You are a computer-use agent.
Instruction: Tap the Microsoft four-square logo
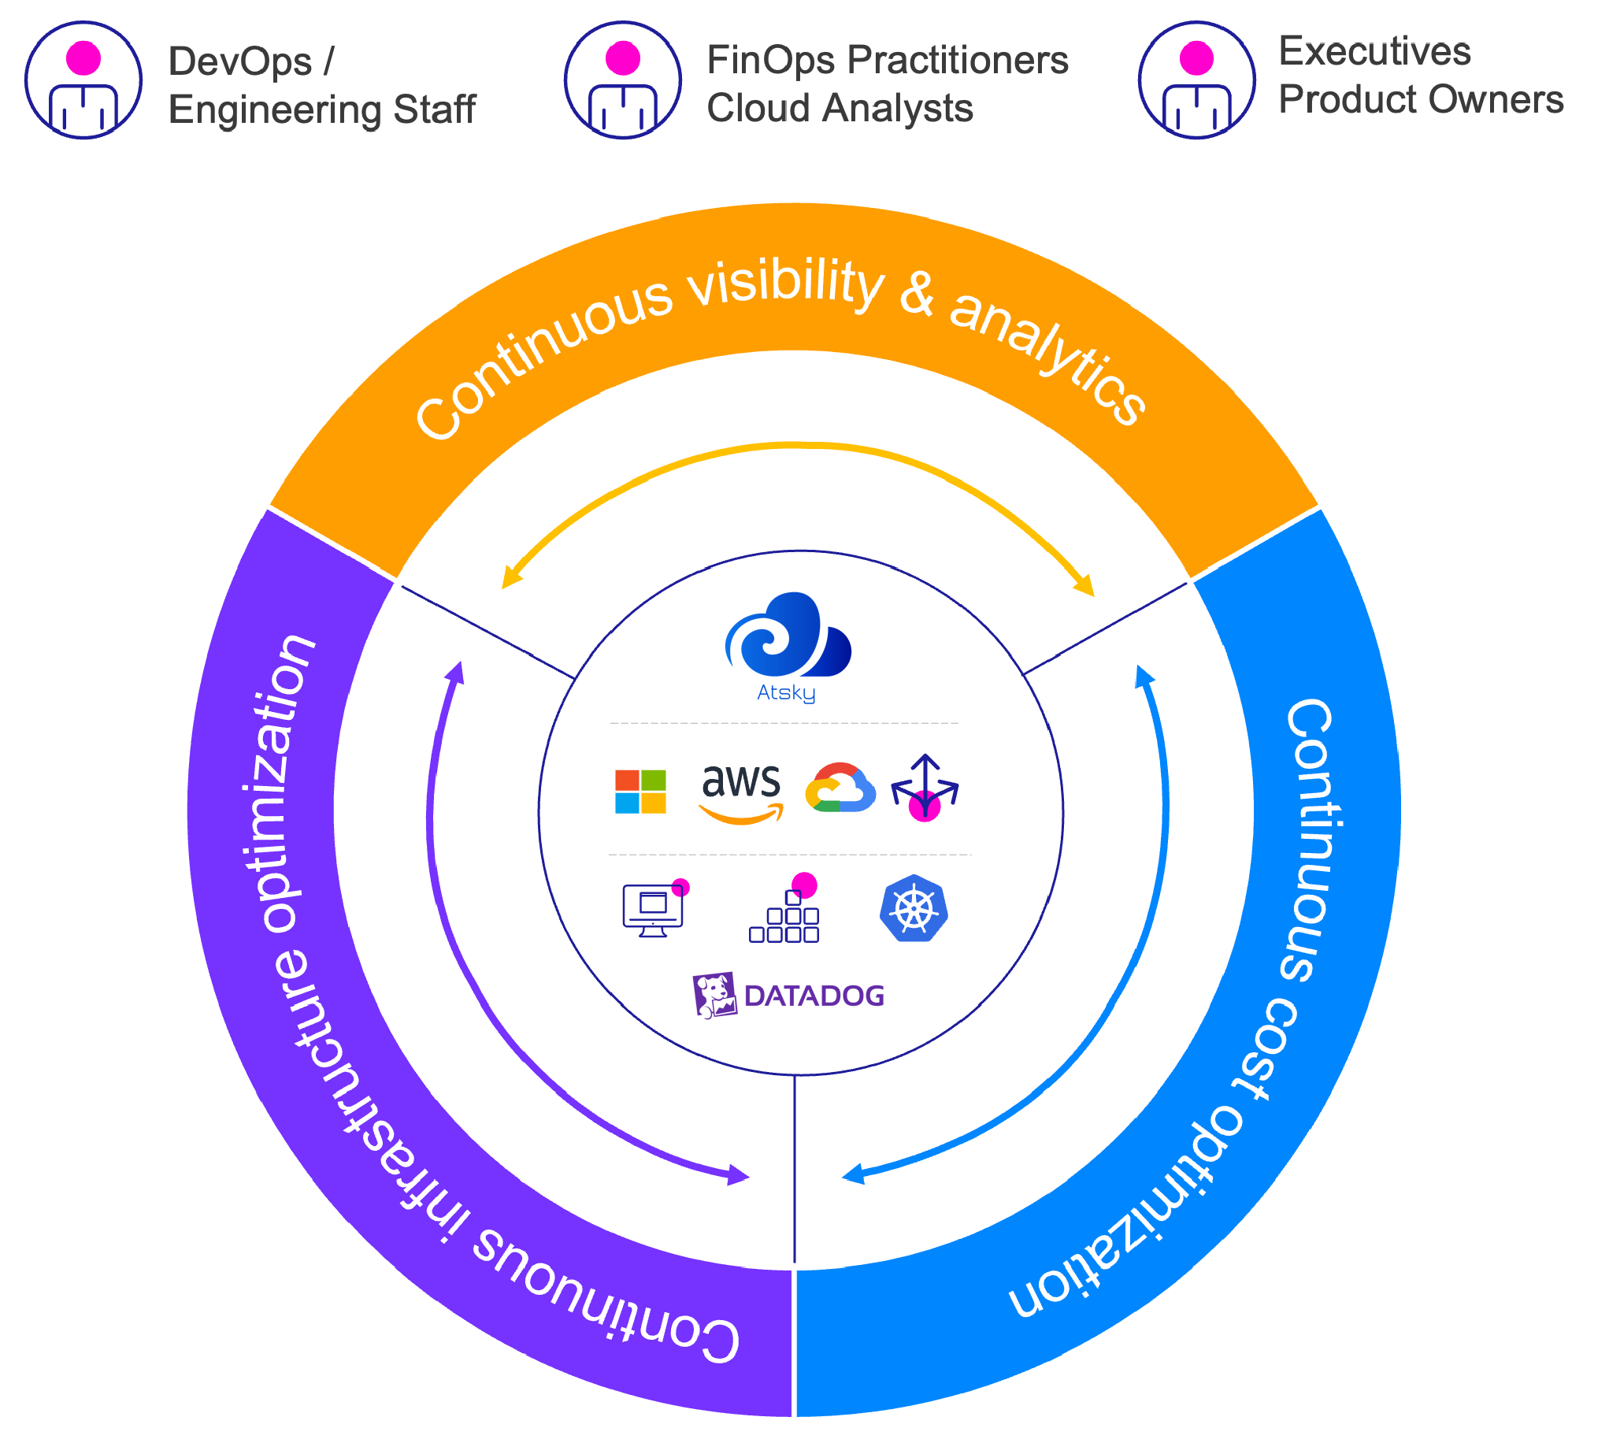pyautogui.click(x=640, y=792)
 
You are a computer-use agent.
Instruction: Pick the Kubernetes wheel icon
pyautogui.click(x=914, y=909)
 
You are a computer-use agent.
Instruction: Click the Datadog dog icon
pyautogui.click(x=714, y=995)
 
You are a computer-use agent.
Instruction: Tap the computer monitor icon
pyautogui.click(x=654, y=909)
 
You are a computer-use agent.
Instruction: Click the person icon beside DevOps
pyautogui.click(x=83, y=80)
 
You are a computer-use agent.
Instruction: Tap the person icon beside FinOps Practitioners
pyautogui.click(x=622, y=80)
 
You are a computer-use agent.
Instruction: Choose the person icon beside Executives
pyautogui.click(x=1196, y=80)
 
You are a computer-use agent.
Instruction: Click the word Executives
pyautogui.click(x=1374, y=51)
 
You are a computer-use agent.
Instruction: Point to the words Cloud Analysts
pyautogui.click(x=840, y=108)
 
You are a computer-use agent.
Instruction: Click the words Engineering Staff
pyautogui.click(x=321, y=109)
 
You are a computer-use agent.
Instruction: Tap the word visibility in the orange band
pyautogui.click(x=786, y=284)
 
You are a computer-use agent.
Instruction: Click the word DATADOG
pyautogui.click(x=814, y=996)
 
